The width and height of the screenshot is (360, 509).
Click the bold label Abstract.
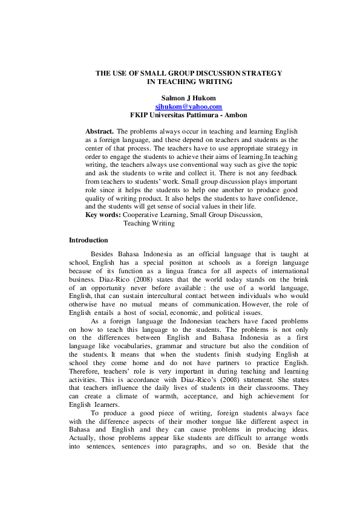[99, 131]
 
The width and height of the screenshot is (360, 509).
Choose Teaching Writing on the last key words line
[149, 224]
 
